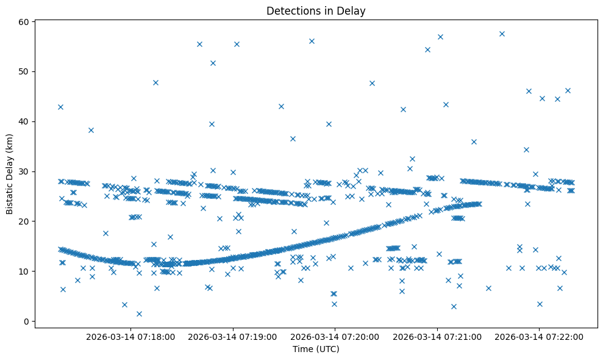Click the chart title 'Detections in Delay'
(316, 10)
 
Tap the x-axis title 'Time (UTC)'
(316, 349)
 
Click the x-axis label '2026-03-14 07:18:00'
(130, 337)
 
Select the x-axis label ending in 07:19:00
(233, 337)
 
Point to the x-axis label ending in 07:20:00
(335, 337)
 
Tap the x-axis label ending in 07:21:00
(437, 337)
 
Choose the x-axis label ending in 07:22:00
(540, 337)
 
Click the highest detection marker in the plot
(502, 34)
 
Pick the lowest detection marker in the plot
(139, 314)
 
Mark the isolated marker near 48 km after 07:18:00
(155, 82)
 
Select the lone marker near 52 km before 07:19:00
(213, 63)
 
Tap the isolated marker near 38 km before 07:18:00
(91, 130)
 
